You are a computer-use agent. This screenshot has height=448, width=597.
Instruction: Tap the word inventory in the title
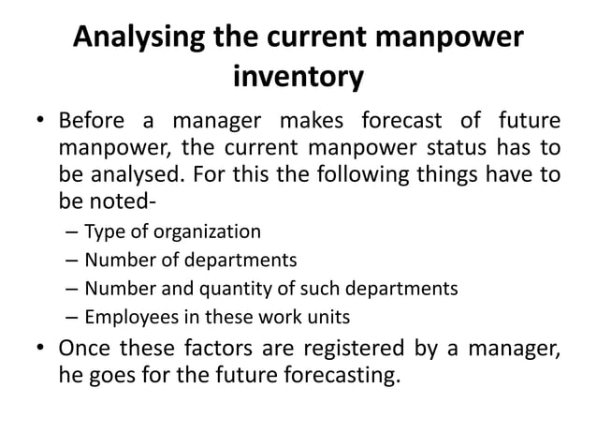click(x=298, y=78)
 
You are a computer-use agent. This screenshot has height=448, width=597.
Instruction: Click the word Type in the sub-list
click(x=102, y=230)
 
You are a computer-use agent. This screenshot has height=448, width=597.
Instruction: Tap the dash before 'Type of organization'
click(x=71, y=231)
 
